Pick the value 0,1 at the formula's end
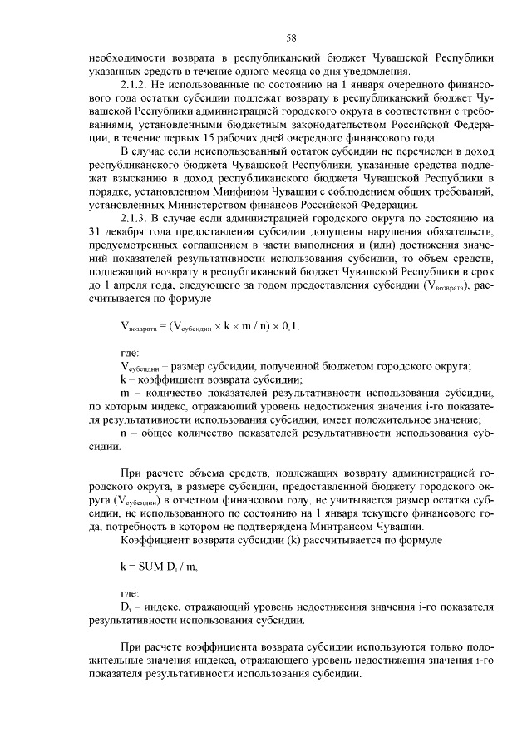286,325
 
